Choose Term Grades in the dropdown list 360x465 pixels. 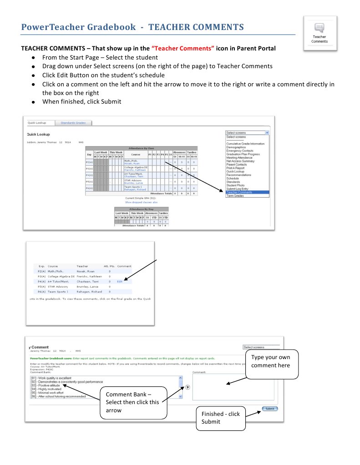[235, 195]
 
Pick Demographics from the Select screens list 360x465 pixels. [236, 147]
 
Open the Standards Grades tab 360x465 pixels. [74, 123]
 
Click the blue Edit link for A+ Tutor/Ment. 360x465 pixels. [120, 281]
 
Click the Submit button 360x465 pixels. [269, 409]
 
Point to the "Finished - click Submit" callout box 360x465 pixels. [220, 417]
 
